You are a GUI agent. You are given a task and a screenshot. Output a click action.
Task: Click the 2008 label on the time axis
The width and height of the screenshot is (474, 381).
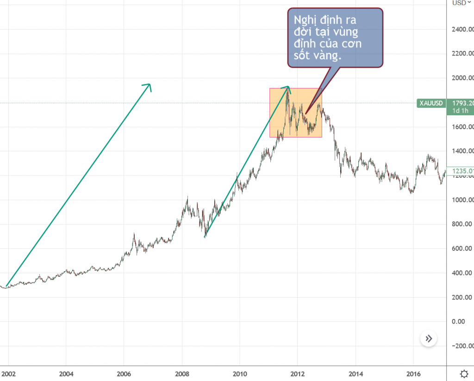point(182,374)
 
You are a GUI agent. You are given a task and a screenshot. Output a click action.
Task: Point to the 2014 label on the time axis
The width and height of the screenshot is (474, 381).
point(356,374)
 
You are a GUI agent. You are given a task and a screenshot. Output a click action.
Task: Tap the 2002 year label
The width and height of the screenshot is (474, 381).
point(8,374)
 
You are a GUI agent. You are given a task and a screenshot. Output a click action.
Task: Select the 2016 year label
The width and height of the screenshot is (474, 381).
point(413,374)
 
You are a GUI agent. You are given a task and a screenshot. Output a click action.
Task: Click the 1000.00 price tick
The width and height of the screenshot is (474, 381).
point(462,200)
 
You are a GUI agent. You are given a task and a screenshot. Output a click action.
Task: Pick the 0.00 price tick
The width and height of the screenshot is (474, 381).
point(458,321)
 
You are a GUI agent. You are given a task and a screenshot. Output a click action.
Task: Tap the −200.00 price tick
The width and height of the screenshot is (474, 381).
point(463,346)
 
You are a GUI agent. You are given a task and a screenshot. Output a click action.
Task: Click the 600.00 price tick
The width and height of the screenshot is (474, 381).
point(462,249)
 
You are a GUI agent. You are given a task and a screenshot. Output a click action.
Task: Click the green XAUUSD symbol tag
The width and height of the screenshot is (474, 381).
point(431,103)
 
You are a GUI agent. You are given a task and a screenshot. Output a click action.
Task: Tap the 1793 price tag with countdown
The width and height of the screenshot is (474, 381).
point(461,107)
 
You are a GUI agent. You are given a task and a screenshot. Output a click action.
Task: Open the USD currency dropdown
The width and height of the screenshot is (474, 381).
point(462,3)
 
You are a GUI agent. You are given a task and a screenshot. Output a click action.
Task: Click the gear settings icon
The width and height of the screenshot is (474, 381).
point(464,374)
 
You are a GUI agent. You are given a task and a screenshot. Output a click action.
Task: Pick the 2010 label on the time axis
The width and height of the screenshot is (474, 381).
point(240,374)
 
